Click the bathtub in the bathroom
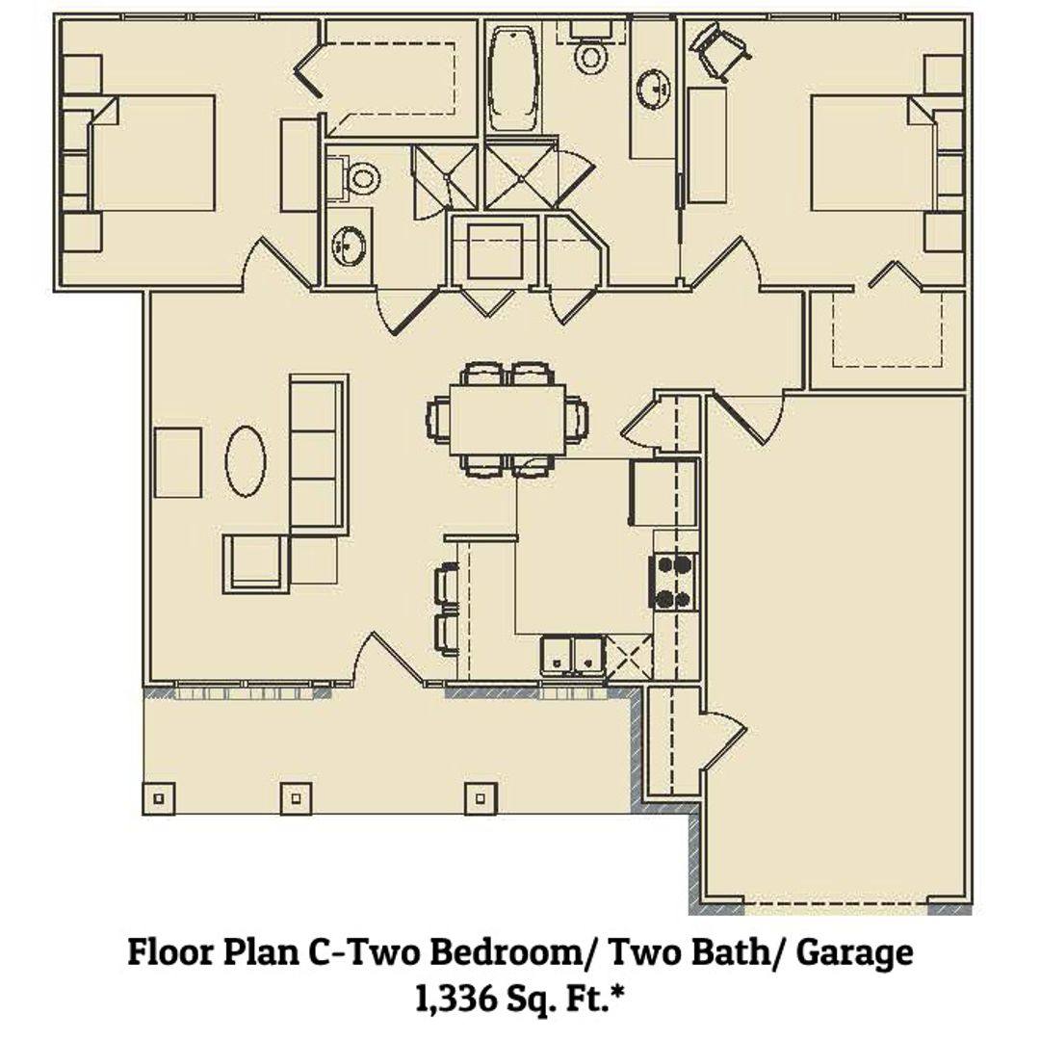pyautogui.click(x=512, y=78)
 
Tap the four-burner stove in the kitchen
pyautogui.click(x=673, y=581)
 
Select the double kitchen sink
pyautogui.click(x=572, y=656)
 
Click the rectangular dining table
pyautogui.click(x=507, y=420)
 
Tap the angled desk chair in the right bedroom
pyautogui.click(x=719, y=50)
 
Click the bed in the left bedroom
pyautogui.click(x=152, y=153)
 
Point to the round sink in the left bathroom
pyautogui.click(x=349, y=246)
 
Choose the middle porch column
pyautogui.click(x=296, y=798)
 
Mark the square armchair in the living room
pyautogui.click(x=256, y=563)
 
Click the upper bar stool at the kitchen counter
pyautogui.click(x=447, y=585)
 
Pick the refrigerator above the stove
pyautogui.click(x=664, y=493)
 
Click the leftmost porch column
pyautogui.click(x=159, y=798)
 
